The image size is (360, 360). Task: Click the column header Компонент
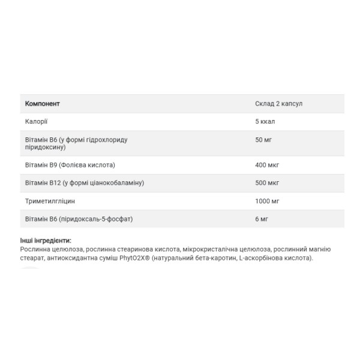click(x=42, y=104)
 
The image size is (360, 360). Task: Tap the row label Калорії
click(x=36, y=122)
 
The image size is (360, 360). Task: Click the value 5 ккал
click(x=265, y=122)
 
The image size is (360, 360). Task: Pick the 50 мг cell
click(x=263, y=140)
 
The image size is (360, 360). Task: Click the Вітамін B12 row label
click(x=83, y=183)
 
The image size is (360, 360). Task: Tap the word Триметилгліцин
click(x=50, y=201)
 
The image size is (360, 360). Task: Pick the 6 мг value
click(x=261, y=219)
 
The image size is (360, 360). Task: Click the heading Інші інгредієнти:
click(x=46, y=241)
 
